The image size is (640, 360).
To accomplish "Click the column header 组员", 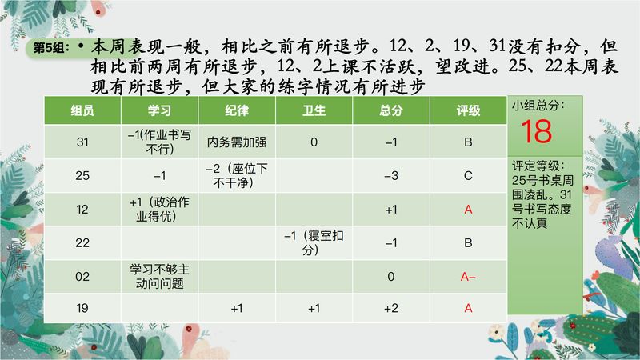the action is (82, 110).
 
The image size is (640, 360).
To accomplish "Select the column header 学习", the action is (159, 110).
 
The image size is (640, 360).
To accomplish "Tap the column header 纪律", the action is (237, 110).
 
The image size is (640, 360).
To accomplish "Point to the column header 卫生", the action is (314, 110).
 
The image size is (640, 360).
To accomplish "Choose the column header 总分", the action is (391, 110).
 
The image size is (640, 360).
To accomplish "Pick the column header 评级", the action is (468, 110).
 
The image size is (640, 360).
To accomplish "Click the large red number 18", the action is (536, 131).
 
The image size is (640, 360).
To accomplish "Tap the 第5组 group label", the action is (49, 48).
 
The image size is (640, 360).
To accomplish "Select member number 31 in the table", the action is (82, 142).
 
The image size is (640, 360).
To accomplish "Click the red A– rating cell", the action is (468, 277).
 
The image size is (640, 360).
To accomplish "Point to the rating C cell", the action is (468, 175).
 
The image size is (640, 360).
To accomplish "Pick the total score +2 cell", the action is (391, 308).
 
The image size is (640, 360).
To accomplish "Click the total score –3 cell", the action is (391, 175).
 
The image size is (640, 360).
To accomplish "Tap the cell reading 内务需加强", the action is (237, 142).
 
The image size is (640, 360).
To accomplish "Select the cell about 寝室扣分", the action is (314, 243).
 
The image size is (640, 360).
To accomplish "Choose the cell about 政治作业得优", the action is (159, 209).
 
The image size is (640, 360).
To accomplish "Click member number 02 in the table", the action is (82, 277).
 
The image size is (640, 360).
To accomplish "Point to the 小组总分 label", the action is (538, 106).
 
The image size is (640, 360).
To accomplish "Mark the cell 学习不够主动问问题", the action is (159, 276).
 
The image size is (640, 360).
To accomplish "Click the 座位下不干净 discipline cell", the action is (237, 175).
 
